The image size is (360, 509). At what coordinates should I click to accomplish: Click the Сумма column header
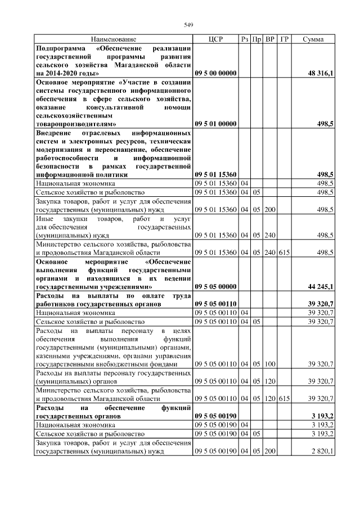click(x=313, y=40)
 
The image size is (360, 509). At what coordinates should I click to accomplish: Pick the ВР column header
click(x=270, y=40)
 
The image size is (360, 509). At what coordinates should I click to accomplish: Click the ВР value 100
click(x=270, y=364)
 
